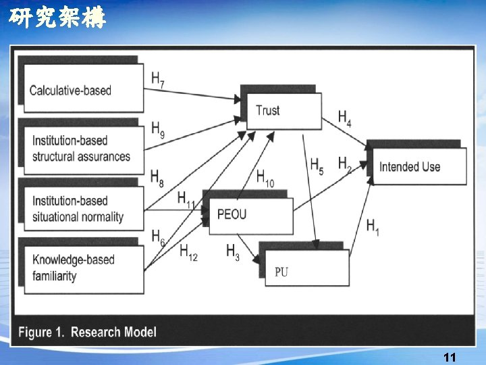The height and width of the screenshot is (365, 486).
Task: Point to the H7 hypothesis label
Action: [158, 80]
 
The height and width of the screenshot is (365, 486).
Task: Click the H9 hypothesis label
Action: [158, 129]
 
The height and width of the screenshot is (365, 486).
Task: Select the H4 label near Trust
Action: [345, 118]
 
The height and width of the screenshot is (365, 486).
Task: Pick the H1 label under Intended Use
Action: [373, 226]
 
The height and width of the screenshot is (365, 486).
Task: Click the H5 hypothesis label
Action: [317, 166]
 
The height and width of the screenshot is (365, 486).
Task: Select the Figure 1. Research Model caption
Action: [87, 332]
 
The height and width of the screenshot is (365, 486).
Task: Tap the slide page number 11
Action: [450, 357]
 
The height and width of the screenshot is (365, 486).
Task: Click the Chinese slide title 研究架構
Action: [57, 19]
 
